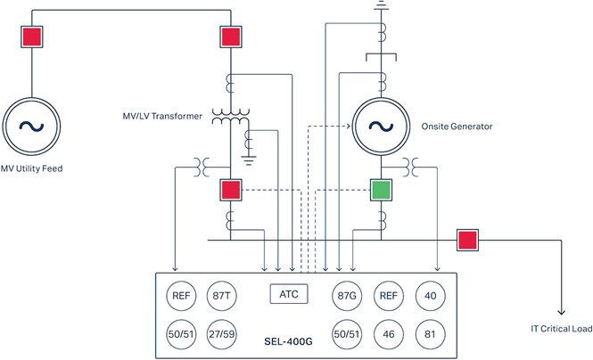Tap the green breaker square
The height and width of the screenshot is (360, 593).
[x=382, y=189]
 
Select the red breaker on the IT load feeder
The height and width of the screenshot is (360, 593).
[x=467, y=240]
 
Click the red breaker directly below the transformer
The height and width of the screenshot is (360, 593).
[x=231, y=189]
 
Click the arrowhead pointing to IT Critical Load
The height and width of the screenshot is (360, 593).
[x=561, y=311]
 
